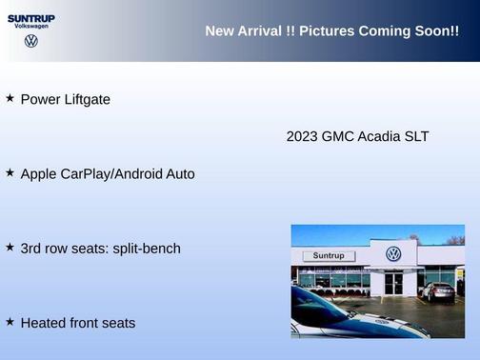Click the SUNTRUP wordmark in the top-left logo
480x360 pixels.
click(x=31, y=17)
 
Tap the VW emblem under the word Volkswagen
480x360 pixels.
click(x=31, y=41)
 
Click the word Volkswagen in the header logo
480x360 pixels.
click(x=31, y=27)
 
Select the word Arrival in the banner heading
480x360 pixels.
click(x=260, y=31)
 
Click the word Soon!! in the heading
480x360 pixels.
click(x=436, y=31)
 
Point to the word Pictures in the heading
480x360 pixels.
click(x=327, y=31)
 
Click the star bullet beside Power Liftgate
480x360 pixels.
click(x=10, y=98)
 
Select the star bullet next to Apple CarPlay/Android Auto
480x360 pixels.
click(x=10, y=173)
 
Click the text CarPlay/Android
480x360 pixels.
click(x=116, y=174)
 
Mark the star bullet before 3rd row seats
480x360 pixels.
click(x=10, y=248)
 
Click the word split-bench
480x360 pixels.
click(x=147, y=249)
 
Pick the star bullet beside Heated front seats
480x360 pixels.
click(x=10, y=322)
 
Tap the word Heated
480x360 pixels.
click(x=43, y=323)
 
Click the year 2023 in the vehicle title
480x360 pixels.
click(x=302, y=136)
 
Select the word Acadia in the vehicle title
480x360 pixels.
click(x=379, y=136)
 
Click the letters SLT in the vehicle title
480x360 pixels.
click(x=416, y=136)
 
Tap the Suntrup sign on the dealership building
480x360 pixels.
click(x=328, y=256)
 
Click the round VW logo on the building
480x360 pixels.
click(x=393, y=254)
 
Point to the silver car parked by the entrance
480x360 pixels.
click(x=439, y=291)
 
